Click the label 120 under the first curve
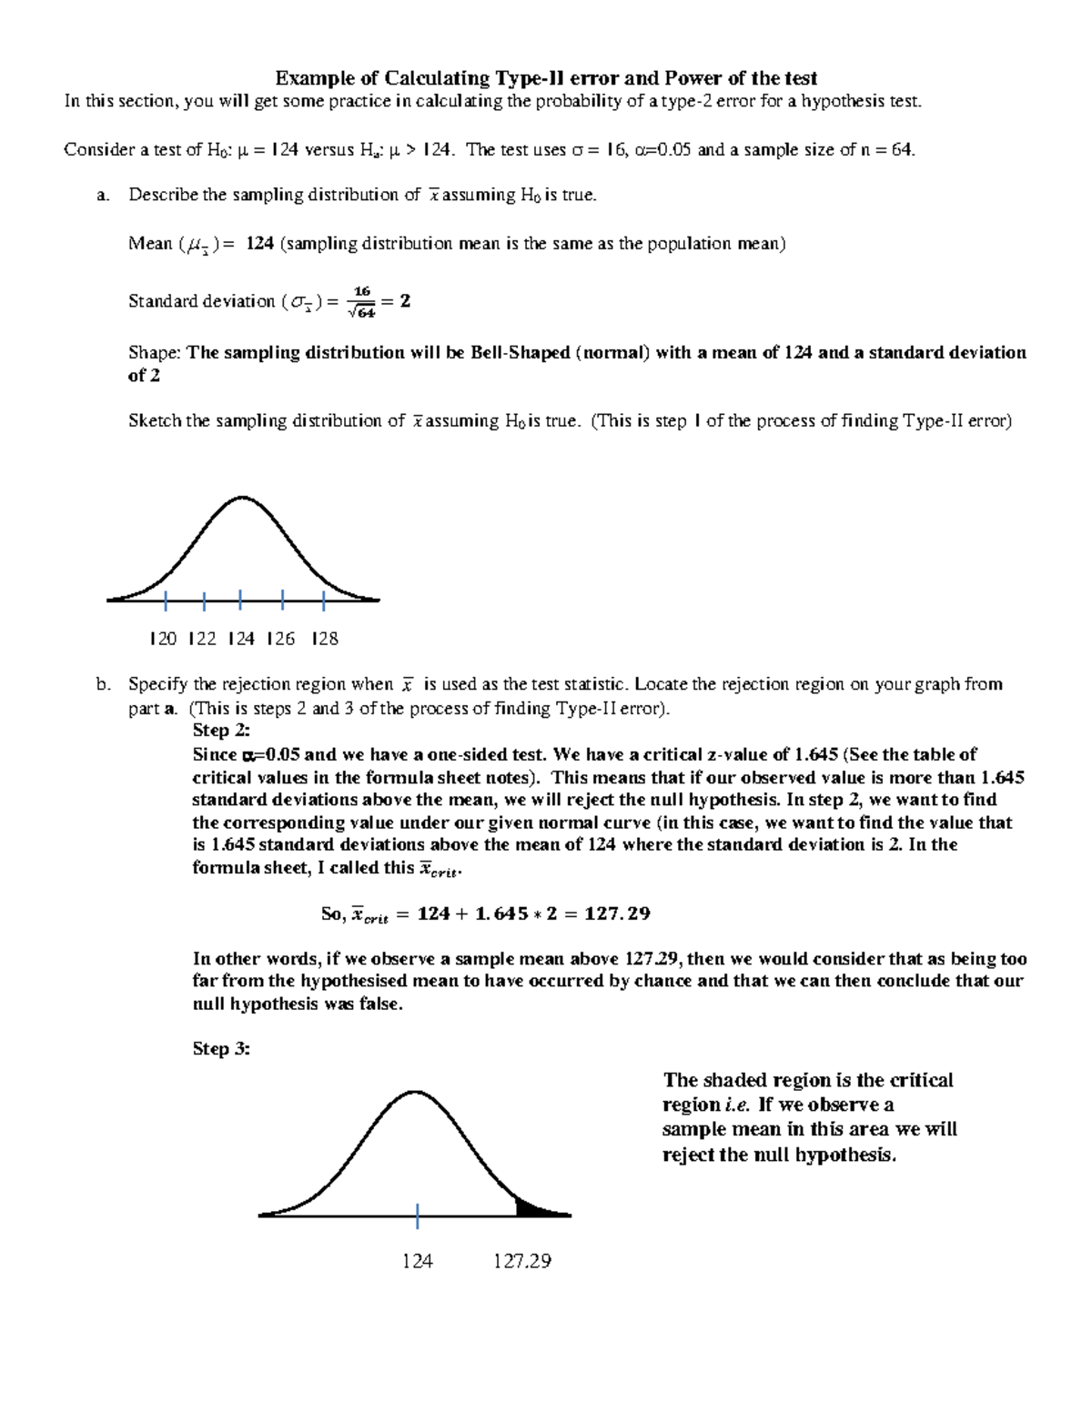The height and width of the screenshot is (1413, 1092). (163, 639)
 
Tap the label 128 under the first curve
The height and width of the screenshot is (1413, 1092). (325, 639)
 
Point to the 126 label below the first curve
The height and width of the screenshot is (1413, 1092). (281, 639)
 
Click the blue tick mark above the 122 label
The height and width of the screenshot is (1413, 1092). (205, 601)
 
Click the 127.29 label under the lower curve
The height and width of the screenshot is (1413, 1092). (522, 1261)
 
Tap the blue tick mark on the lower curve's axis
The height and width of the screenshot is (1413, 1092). (418, 1215)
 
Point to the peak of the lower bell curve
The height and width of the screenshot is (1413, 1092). (415, 1091)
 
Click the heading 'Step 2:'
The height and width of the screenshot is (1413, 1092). (221, 731)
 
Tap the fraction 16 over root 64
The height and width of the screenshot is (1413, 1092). (363, 302)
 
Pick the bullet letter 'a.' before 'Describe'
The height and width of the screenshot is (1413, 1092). (103, 195)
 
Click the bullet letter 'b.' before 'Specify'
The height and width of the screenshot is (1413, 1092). (103, 684)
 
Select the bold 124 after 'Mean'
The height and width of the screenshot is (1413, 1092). (260, 243)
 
